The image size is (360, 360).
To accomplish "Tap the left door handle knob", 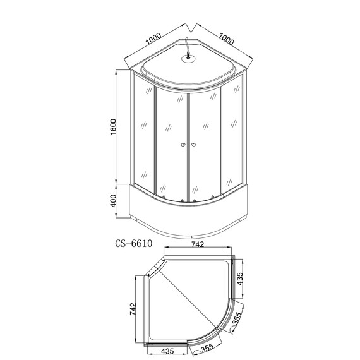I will [x=182, y=147].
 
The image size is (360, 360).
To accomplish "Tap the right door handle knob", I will [x=193, y=147].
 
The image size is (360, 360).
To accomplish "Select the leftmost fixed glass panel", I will [x=143, y=136].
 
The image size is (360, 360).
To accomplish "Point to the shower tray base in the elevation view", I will [x=187, y=215].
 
